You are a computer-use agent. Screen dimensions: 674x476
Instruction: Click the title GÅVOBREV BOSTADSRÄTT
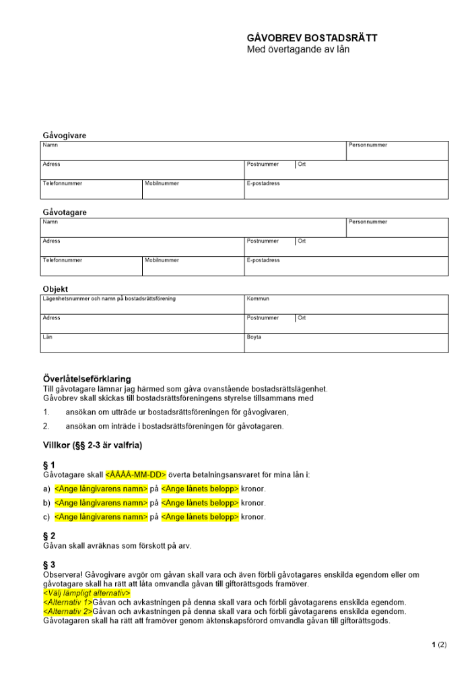(312, 38)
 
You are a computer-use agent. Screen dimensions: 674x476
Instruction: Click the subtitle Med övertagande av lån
(298, 50)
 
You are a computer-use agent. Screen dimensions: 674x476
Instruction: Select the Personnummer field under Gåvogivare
(397, 151)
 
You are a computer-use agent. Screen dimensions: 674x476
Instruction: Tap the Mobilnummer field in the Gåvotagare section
(193, 266)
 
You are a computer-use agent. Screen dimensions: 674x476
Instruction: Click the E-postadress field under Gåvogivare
(345, 189)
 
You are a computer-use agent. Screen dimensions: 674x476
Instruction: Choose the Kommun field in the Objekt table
(345, 305)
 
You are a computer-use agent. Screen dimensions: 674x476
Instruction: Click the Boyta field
(345, 343)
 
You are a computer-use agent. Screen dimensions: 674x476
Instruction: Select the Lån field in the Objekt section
(142, 343)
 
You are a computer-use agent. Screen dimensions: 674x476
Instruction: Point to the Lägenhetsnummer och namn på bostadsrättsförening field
(142, 305)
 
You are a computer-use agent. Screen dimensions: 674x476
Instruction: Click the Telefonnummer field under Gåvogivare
(92, 189)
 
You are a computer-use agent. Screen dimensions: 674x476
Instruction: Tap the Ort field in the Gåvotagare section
(371, 247)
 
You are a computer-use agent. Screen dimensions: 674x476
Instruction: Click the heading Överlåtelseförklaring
(87, 379)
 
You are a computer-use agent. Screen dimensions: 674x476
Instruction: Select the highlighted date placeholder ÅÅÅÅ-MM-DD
(136, 474)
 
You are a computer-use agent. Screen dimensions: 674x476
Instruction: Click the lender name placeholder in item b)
(101, 503)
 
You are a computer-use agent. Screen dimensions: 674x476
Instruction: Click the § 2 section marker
(48, 536)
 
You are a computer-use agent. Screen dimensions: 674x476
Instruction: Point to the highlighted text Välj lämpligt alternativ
(86, 593)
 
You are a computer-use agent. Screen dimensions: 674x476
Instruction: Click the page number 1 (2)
(439, 645)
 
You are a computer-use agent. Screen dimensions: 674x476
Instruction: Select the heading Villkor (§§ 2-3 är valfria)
(92, 445)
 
